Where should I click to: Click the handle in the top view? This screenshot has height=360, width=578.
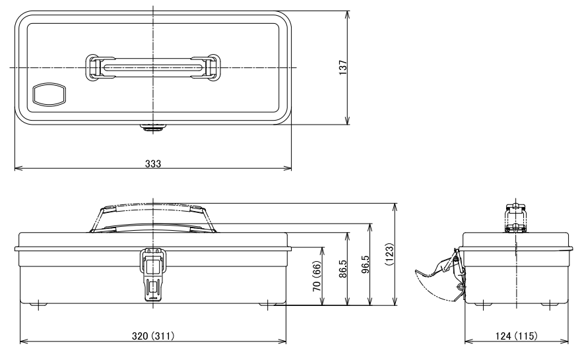coord(153,67)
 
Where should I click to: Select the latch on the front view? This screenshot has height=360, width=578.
coord(152,272)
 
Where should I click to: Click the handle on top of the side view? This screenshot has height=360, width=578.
coord(515,218)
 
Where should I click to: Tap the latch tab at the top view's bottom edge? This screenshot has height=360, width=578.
coord(153,127)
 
